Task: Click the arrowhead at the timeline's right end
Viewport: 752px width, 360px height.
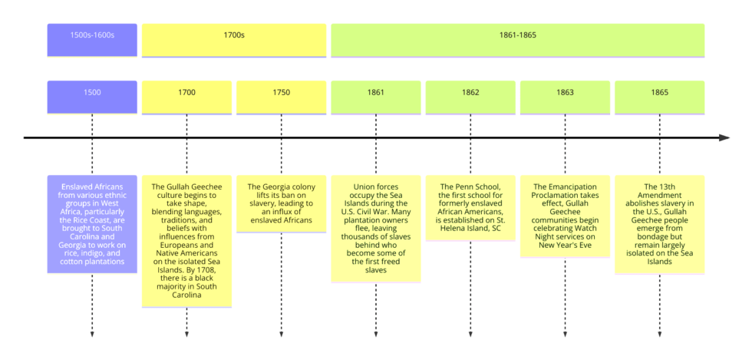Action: pyautogui.click(x=724, y=138)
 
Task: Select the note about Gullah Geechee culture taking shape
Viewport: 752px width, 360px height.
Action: pyautogui.click(x=186, y=241)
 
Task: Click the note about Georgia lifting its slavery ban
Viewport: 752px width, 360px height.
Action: pyautogui.click(x=281, y=203)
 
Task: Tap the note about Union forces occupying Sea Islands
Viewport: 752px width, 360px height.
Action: pyautogui.click(x=376, y=228)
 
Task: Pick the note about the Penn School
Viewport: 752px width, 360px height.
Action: pyautogui.click(x=470, y=207)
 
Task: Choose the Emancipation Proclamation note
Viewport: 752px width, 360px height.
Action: pyautogui.click(x=565, y=216)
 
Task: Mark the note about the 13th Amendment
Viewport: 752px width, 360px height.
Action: pyautogui.click(x=659, y=224)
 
